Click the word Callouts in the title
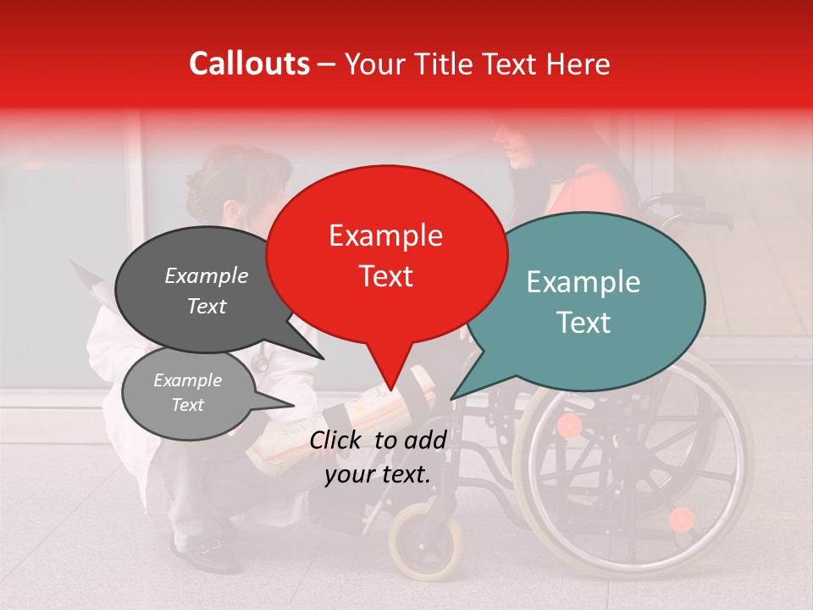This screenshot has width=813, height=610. pos(249,64)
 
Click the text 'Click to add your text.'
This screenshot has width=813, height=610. pos(377,457)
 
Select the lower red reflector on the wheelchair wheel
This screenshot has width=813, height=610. pos(681,518)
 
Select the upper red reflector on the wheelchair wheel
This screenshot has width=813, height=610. pos(570,425)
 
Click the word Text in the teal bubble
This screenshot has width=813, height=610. pos(584,322)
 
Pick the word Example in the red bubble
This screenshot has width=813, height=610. pos(385,236)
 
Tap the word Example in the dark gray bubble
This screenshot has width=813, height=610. pos(206,275)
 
